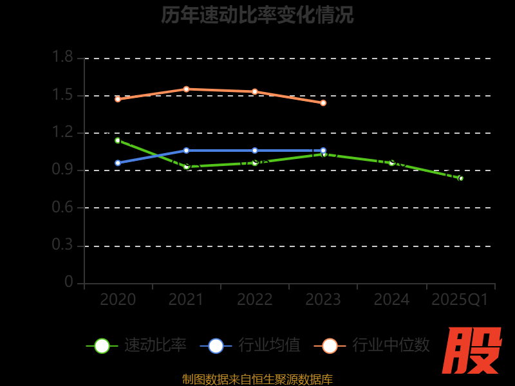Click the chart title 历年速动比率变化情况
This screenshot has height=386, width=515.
coord(257,15)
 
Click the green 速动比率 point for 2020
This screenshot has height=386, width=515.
coord(118,140)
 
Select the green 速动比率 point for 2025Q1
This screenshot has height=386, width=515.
coord(460,178)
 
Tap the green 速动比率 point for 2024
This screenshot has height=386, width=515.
coord(391,163)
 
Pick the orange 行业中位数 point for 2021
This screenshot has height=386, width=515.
coord(186,89)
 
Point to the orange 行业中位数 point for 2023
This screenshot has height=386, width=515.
coord(323,103)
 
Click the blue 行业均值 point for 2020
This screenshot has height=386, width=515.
coord(118,163)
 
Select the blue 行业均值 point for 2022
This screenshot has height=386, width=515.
coord(255,151)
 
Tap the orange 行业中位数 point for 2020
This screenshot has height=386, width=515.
coord(118,99)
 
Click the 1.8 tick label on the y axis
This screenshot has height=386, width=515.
coord(62,58)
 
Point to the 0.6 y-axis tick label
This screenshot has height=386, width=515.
coord(62,207)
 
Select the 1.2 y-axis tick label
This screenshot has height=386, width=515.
coord(62,133)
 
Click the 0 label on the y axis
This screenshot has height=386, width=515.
coord(69,282)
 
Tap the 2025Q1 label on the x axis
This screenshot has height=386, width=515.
coord(460,300)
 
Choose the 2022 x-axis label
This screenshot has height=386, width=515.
coord(255,300)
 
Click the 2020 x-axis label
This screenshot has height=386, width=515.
coord(118,300)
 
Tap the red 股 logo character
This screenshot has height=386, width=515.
coord(473,351)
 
